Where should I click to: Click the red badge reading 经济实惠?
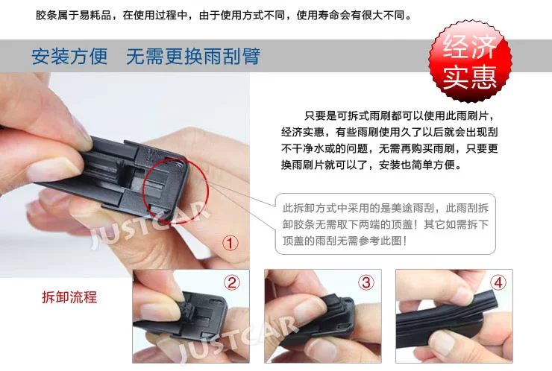click(x=470, y=62)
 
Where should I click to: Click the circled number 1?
click(x=230, y=243)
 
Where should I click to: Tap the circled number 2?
click(x=232, y=282)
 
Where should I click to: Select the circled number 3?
click(x=366, y=282)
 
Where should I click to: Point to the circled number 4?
click(x=498, y=282)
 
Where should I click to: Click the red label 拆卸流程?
click(x=69, y=297)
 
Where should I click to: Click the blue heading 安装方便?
click(x=69, y=57)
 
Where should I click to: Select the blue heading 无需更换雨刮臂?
click(x=193, y=57)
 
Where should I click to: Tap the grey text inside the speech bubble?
click(x=386, y=224)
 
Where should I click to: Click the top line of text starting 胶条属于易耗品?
click(x=224, y=15)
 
